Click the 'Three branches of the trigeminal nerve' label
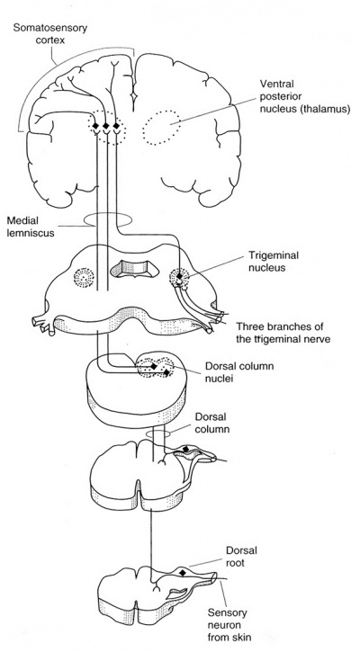[x=283, y=333]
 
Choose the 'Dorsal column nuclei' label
[x=239, y=373]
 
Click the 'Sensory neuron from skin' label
[x=227, y=624]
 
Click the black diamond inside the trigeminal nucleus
[x=180, y=276]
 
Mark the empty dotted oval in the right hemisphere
[x=161, y=127]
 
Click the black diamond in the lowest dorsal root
[x=182, y=573]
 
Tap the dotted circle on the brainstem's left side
[x=84, y=277]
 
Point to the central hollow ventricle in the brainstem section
[x=134, y=268]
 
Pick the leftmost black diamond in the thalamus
[x=96, y=125]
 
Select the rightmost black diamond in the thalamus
[x=116, y=125]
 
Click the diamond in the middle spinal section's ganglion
[x=185, y=449]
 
